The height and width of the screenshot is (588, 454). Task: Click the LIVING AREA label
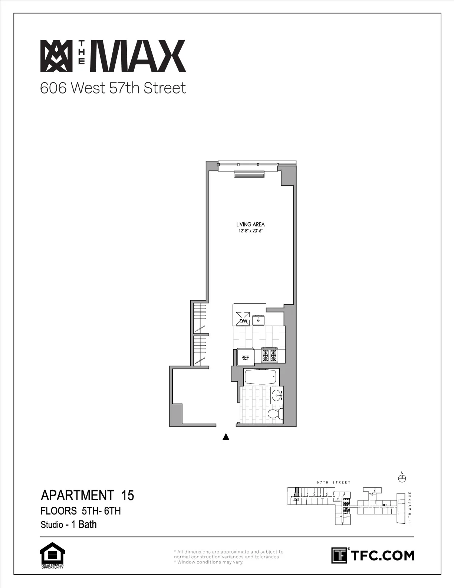point(250,224)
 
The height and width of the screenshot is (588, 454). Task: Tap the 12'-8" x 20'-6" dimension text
point(250,231)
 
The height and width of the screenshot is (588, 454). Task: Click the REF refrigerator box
point(246,357)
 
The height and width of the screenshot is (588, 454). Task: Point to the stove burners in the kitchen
point(270,355)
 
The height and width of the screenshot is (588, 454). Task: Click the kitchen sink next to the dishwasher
point(258,320)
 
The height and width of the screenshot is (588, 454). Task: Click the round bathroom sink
point(276,396)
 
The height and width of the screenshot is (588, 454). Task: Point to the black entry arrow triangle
point(226,437)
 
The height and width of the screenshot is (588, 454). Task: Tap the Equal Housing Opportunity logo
point(52,555)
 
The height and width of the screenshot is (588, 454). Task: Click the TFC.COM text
point(382,555)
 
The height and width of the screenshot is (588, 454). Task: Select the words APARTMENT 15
point(87,495)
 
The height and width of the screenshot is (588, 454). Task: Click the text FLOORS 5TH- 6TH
point(80,511)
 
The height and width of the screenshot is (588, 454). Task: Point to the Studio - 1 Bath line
point(69,525)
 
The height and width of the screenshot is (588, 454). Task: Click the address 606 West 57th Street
point(113,88)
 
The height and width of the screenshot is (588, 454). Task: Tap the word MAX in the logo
point(140,56)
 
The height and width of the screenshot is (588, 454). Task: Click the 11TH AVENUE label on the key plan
point(409,507)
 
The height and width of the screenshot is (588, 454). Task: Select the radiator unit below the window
point(249,174)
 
